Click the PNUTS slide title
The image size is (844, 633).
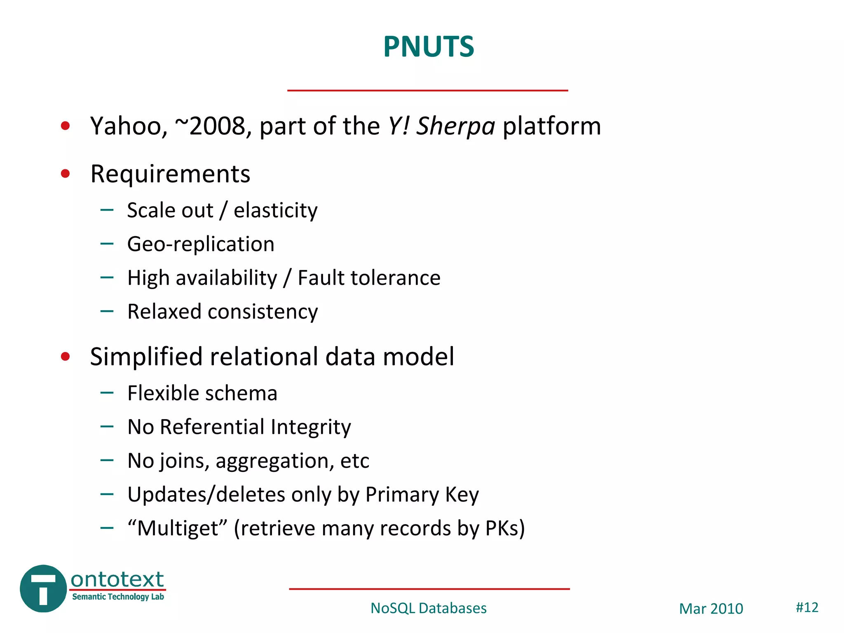coord(429,47)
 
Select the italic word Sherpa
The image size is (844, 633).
coord(455,126)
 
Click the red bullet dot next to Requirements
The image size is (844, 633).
coord(65,173)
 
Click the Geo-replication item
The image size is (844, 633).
coord(201,244)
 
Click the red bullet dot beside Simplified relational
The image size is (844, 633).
coord(65,356)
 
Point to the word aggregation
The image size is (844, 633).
coord(274,461)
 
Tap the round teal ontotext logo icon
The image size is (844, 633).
coord(43,588)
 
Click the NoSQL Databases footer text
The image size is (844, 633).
coord(428,608)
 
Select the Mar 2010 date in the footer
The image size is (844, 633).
coord(711,609)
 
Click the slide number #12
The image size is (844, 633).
coord(806,607)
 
